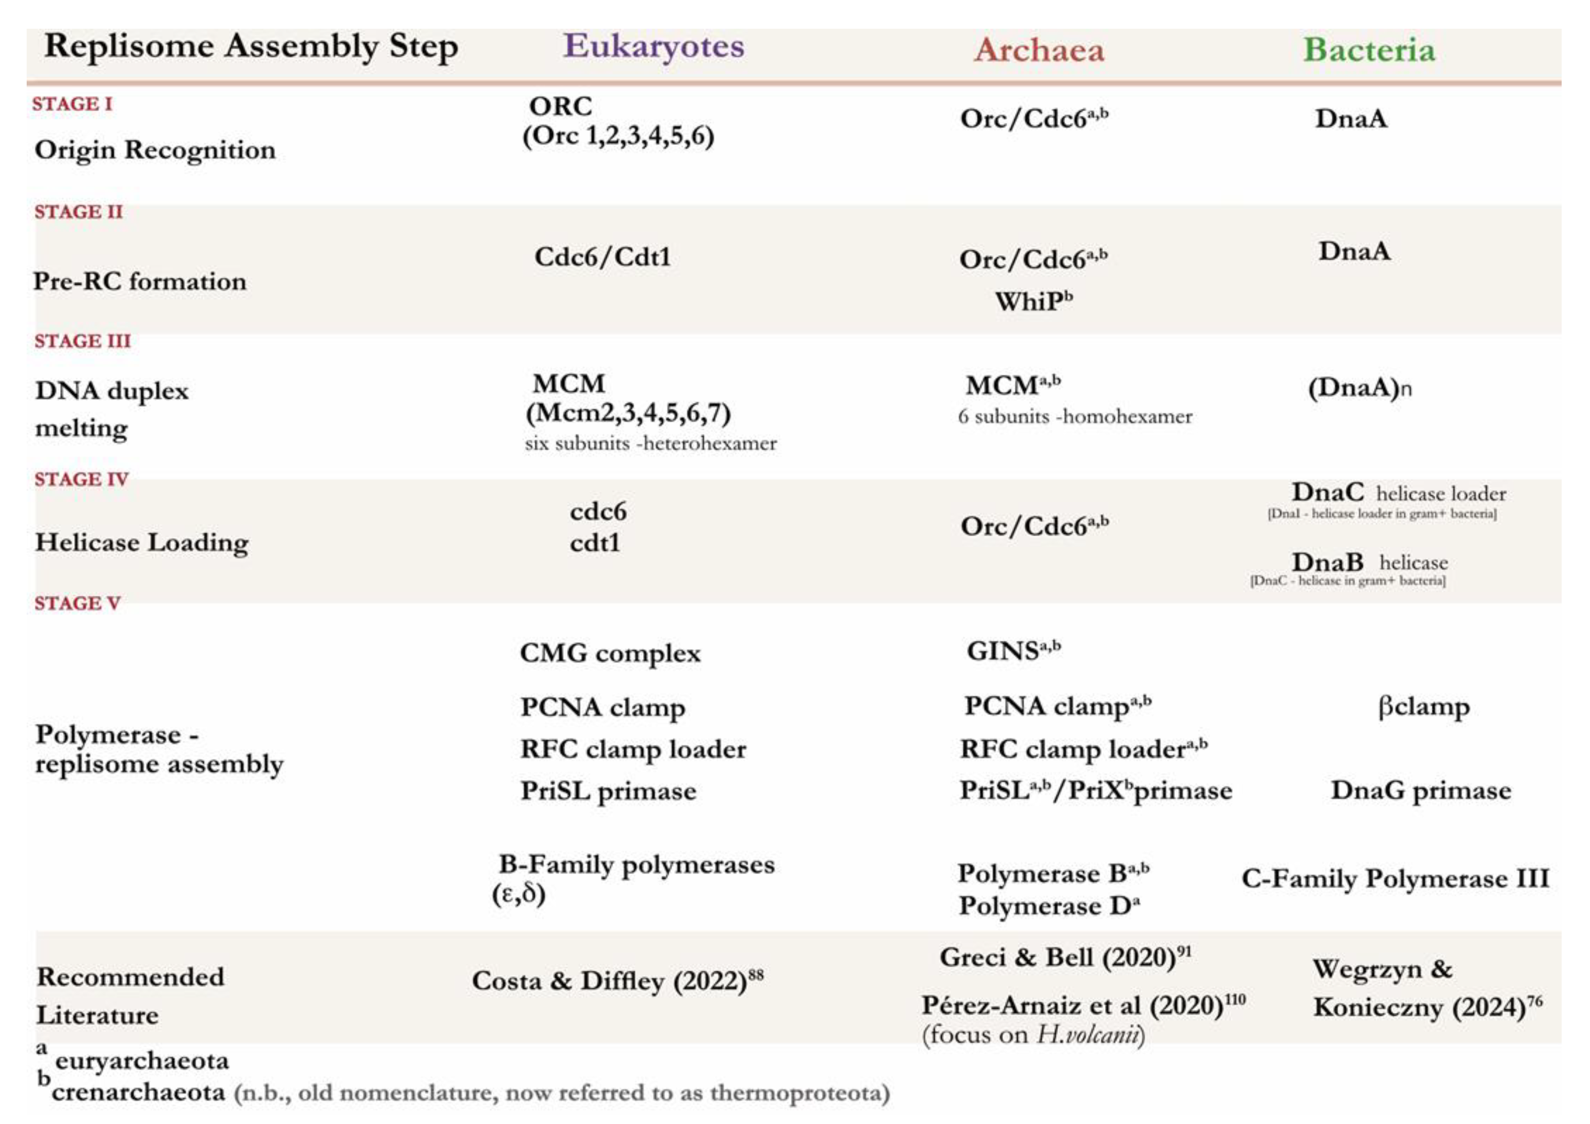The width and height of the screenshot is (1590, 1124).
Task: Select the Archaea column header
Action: [x=1038, y=50]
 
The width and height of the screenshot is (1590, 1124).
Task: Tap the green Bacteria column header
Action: [x=1369, y=50]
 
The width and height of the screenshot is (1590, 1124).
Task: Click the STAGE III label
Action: [x=83, y=341]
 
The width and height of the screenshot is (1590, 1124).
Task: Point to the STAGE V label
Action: [x=77, y=603]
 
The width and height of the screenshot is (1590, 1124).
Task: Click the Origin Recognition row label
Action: [x=155, y=150]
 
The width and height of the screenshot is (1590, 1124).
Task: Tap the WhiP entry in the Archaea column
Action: [x=1032, y=301]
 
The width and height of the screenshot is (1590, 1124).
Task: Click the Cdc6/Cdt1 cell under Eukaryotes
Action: [x=602, y=257]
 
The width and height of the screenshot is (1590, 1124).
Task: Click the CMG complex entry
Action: [x=609, y=653]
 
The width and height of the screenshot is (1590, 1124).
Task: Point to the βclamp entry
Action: [x=1423, y=707]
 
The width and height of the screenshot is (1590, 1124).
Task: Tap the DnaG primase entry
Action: [x=1420, y=790]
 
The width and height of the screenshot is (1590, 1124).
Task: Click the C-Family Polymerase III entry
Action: [x=1395, y=878]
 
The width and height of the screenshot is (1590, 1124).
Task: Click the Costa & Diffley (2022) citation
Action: [x=616, y=980]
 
